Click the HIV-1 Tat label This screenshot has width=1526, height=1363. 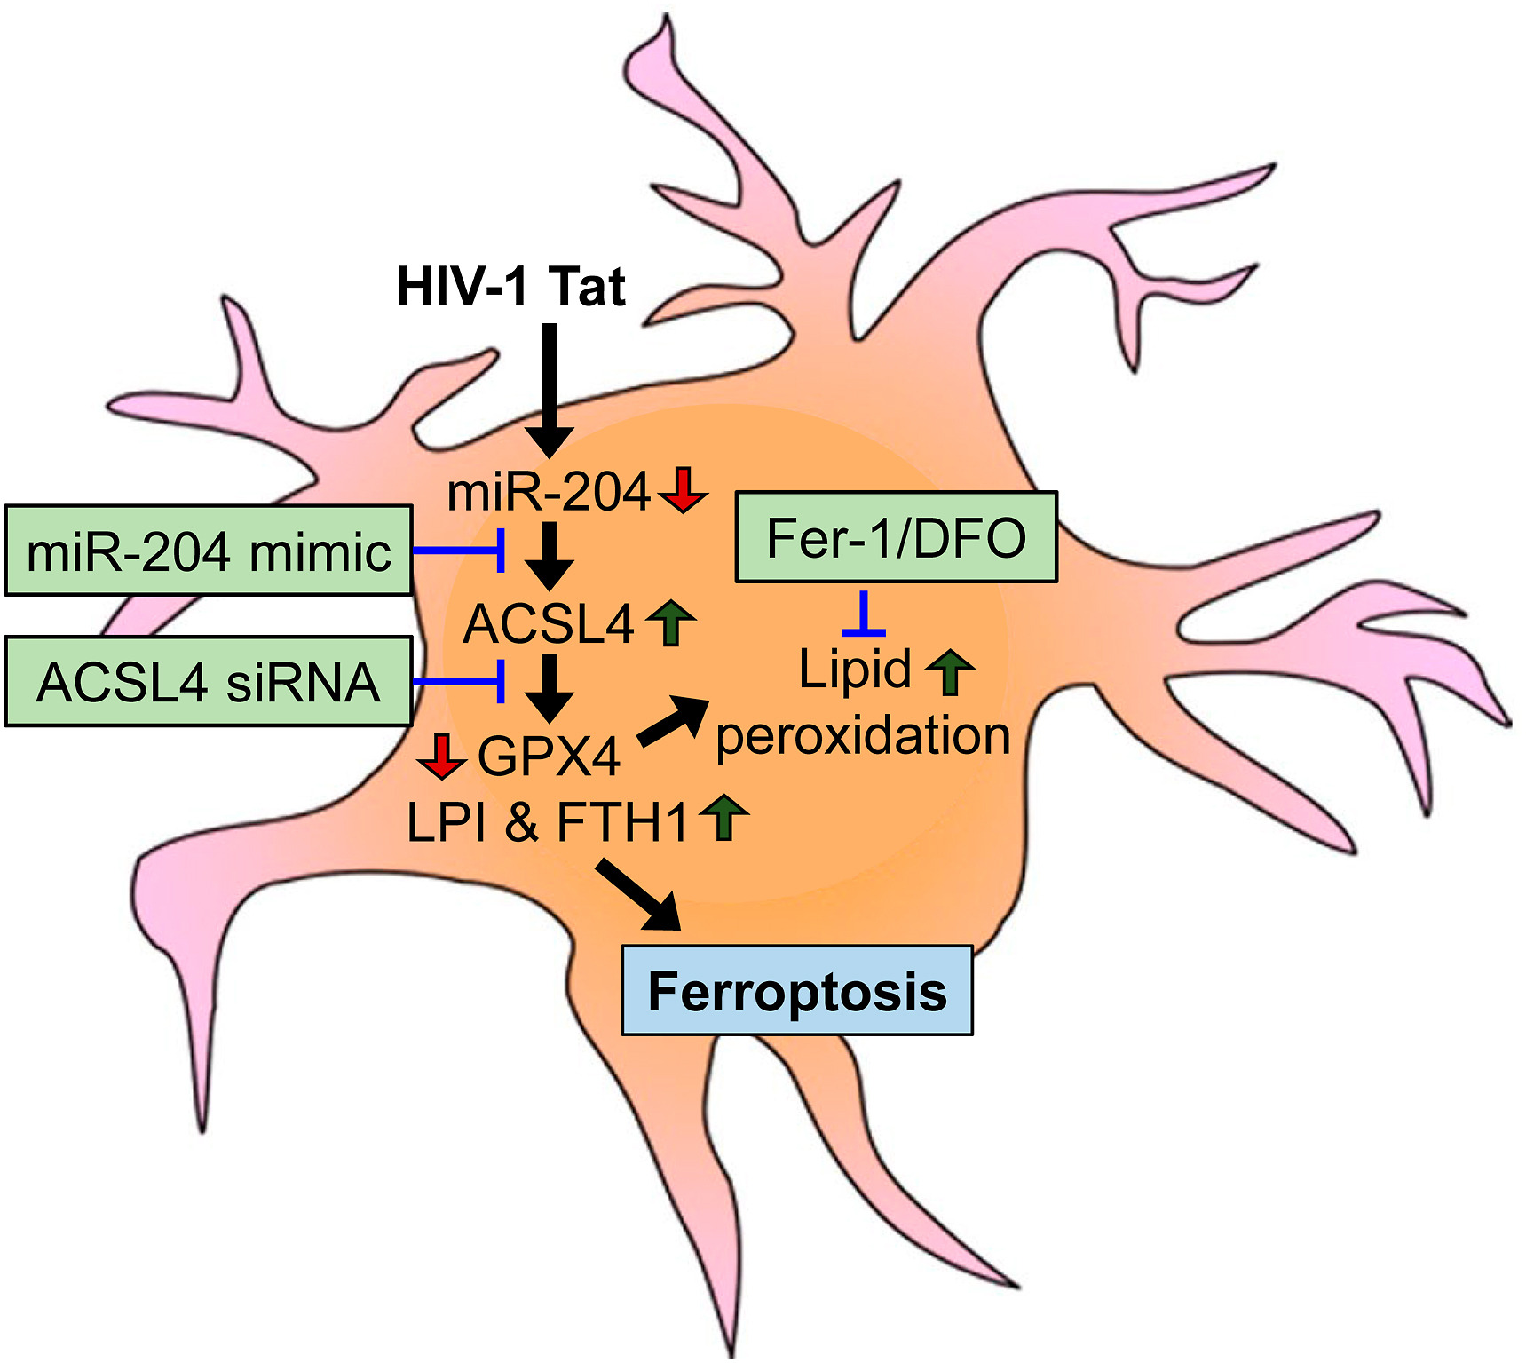click(510, 287)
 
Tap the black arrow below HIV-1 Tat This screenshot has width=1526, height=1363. click(550, 391)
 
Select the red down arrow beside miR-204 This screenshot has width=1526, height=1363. click(683, 489)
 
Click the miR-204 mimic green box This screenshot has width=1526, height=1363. click(209, 551)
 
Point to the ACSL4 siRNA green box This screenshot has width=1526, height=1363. click(209, 682)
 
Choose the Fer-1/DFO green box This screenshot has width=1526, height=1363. click(896, 537)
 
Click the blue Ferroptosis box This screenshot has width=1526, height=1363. click(796, 991)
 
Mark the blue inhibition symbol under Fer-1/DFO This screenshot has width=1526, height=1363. click(863, 615)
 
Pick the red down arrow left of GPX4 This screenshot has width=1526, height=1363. click(441, 756)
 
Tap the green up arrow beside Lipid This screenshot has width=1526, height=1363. click(950, 670)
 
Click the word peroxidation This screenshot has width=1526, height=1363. click(863, 736)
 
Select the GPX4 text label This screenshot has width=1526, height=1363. click(549, 757)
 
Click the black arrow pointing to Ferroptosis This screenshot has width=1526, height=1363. click(639, 895)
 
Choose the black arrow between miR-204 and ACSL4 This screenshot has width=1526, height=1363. click(550, 557)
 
